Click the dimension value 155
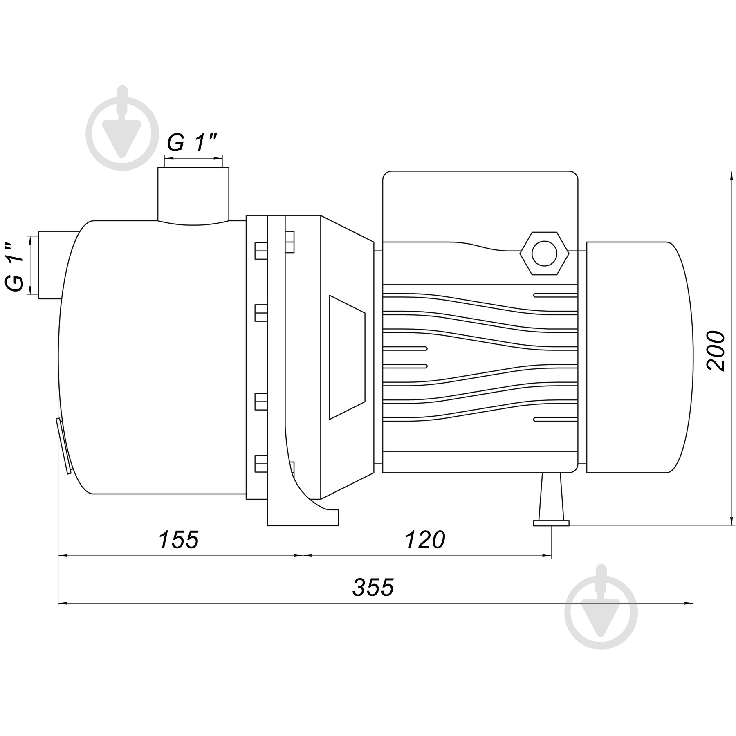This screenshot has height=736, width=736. [178, 539]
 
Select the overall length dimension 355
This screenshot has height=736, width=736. [373, 588]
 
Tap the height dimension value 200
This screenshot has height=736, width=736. [716, 351]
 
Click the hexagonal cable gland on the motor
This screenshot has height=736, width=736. [544, 254]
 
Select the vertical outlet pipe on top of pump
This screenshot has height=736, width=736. [193, 194]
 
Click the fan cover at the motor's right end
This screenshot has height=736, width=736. [638, 357]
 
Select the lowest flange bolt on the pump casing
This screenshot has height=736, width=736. [261, 464]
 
